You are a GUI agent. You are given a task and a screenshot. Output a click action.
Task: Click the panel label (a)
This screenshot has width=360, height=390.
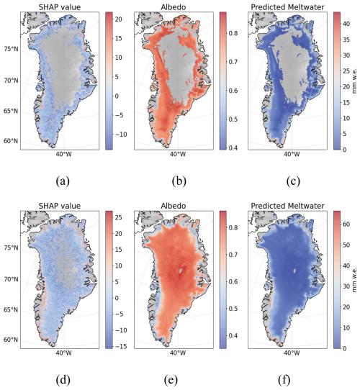(63, 181)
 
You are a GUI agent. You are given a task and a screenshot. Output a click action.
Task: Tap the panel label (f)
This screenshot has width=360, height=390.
(284, 380)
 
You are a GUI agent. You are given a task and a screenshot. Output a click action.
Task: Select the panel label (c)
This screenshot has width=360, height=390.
(293, 181)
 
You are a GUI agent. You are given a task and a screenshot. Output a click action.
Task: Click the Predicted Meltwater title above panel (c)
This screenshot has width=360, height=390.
(287, 7)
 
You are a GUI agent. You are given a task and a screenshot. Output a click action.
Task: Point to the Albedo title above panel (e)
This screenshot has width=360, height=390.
(174, 206)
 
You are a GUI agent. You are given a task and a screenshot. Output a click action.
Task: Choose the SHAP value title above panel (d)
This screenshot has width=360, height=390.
(60, 206)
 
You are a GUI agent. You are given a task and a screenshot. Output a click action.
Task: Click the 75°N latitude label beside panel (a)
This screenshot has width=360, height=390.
(11, 49)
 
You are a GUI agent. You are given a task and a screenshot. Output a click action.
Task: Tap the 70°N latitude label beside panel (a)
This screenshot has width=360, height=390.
(11, 81)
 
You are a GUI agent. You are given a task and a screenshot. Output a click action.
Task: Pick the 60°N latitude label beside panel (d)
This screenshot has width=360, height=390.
(11, 340)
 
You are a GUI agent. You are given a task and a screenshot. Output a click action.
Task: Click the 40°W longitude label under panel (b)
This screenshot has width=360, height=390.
(178, 154)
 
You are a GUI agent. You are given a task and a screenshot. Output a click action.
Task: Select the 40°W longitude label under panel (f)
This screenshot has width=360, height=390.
(292, 353)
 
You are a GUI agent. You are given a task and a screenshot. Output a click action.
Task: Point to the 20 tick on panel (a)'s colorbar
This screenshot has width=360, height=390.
(119, 19)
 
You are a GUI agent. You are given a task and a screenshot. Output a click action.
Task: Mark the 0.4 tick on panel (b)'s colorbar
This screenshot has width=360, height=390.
(233, 148)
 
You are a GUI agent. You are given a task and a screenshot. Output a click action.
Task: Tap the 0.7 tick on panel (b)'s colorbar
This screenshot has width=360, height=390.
(233, 62)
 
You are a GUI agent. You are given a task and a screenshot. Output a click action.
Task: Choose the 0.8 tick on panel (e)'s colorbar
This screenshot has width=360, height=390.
(233, 227)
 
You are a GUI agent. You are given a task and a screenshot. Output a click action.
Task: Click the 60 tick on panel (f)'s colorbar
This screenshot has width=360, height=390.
(346, 224)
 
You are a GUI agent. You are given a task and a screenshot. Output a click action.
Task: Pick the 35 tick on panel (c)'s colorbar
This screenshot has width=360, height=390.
(346, 40)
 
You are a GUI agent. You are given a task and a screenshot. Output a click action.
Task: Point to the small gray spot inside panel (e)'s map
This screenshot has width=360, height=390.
(181, 271)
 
